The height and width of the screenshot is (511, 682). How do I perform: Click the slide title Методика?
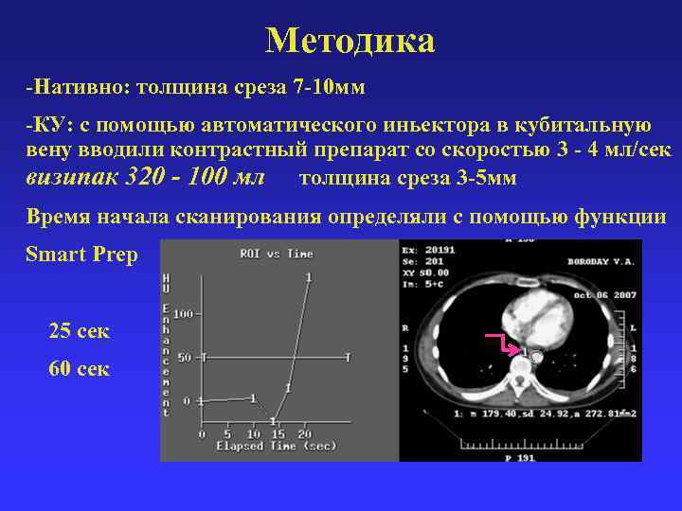coord(350,41)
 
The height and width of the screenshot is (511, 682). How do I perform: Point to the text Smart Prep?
coord(82,255)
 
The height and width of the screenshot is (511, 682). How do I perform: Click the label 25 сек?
coord(79,331)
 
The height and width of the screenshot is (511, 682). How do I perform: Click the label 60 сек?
coord(79,368)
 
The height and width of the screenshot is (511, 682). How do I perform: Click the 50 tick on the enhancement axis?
coord(186,357)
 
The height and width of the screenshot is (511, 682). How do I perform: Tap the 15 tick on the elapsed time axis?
coord(278,433)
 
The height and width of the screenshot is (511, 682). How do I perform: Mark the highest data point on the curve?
coord(309,276)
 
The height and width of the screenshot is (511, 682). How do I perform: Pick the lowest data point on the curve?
coord(273,420)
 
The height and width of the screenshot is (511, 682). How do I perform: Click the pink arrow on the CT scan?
coord(498,341)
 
